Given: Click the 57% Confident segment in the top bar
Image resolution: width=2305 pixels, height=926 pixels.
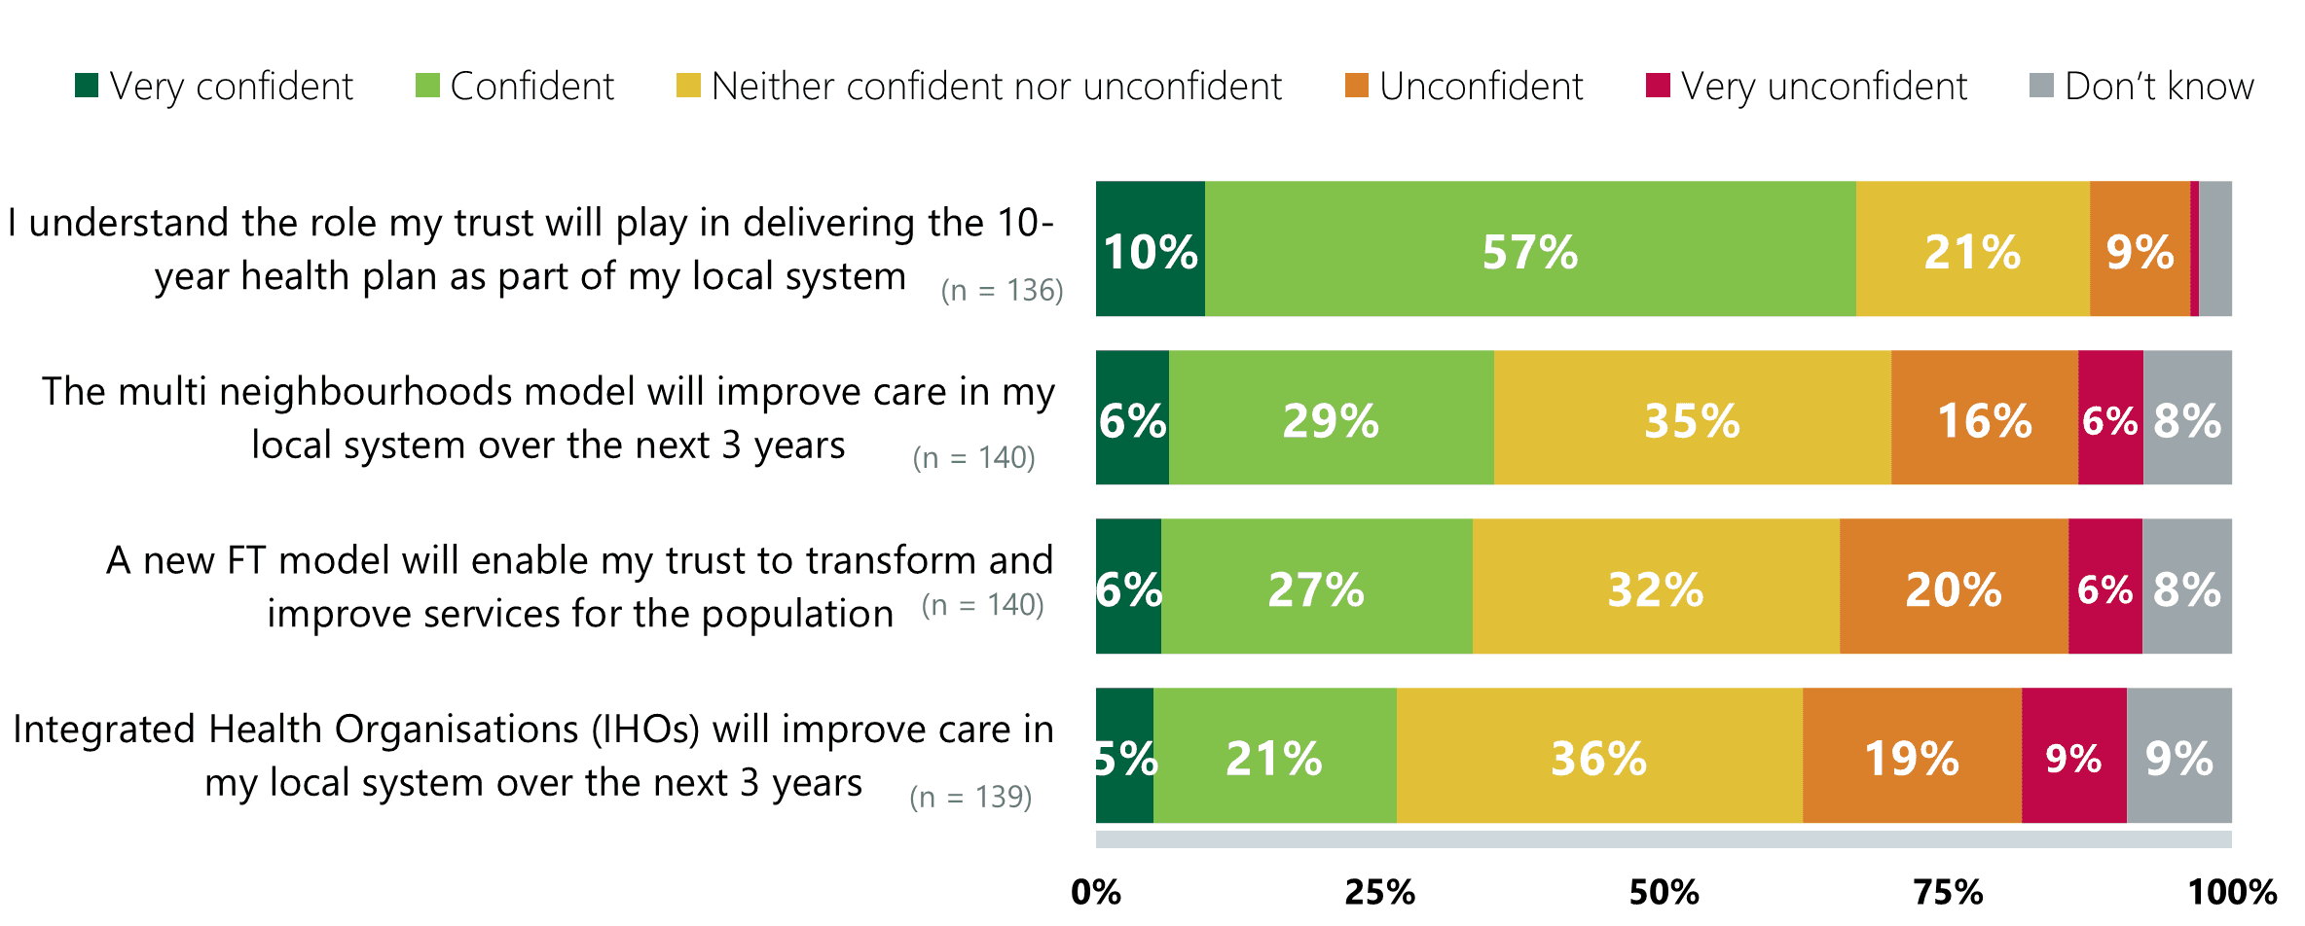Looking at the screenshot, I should (x=1529, y=249).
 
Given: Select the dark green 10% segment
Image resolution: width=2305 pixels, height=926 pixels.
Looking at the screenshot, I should (x=1150, y=249).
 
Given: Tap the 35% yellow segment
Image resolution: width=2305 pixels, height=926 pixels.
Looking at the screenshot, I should (x=1692, y=418).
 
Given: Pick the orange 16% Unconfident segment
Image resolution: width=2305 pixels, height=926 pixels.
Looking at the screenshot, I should (x=1984, y=418).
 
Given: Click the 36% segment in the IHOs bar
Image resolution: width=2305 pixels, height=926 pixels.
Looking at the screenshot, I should (x=1598, y=756).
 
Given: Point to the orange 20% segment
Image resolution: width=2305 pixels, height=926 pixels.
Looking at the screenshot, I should (x=1953, y=587).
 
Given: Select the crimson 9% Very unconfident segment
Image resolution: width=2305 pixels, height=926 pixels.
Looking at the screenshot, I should (x=2073, y=756).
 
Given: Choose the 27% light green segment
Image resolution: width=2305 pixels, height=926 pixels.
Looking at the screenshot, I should (x=1316, y=587).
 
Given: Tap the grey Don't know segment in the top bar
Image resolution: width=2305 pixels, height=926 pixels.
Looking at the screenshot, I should (x=2215, y=249).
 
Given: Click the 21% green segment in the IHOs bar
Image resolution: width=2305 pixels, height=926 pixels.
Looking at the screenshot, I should (x=1274, y=756).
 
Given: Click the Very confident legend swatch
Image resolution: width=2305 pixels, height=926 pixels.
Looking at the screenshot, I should (x=87, y=86).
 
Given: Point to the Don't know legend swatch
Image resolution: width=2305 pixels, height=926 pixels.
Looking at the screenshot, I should (x=2041, y=86).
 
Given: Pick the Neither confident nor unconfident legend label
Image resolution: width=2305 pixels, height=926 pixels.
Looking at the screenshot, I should (x=996, y=87).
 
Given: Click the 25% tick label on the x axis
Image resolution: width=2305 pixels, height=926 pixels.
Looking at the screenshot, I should (x=1379, y=892).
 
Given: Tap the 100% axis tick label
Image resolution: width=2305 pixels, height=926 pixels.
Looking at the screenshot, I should (x=2232, y=892).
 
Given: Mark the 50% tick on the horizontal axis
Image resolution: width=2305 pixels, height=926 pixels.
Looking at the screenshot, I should (x=1664, y=892).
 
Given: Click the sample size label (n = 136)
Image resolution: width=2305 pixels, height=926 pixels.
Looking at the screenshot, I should (x=1002, y=290).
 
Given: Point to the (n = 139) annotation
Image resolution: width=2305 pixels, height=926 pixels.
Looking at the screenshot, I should (x=970, y=797).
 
